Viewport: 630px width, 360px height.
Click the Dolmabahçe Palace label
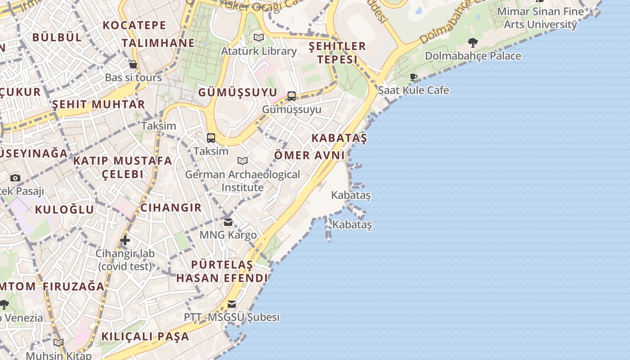pyautogui.click(x=473, y=56)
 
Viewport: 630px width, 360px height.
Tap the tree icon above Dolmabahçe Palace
pyautogui.click(x=472, y=43)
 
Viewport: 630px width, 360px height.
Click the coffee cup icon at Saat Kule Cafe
pyautogui.click(x=414, y=77)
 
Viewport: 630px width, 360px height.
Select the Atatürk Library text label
pyautogui.click(x=258, y=51)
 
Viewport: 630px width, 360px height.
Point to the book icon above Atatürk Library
pyautogui.click(x=258, y=38)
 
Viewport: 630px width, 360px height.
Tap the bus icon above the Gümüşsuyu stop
pyautogui.click(x=292, y=96)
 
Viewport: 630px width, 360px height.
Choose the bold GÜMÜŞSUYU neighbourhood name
pyautogui.click(x=238, y=92)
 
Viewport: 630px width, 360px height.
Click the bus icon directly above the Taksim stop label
pyautogui.click(x=211, y=138)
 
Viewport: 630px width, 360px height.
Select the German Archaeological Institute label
pyautogui.click(x=243, y=180)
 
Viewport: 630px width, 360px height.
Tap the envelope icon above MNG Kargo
pyautogui.click(x=228, y=222)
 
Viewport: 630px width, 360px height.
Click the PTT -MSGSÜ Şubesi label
pyautogui.click(x=232, y=317)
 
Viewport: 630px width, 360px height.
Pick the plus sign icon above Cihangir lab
pyautogui.click(x=125, y=240)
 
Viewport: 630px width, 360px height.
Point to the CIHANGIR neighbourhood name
pyautogui.click(x=171, y=207)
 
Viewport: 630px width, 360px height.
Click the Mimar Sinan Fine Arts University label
pyautogui.click(x=540, y=18)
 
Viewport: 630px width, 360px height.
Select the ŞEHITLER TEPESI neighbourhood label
pyautogui.click(x=337, y=53)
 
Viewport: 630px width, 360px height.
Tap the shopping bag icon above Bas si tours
pyautogui.click(x=133, y=64)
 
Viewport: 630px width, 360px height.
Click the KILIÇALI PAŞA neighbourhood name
pyautogui.click(x=145, y=336)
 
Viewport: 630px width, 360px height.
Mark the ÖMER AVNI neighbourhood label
pyautogui.click(x=310, y=155)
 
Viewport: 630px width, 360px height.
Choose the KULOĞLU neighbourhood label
pyautogui.click(x=64, y=209)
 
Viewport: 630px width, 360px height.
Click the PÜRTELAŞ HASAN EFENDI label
pyautogui.click(x=222, y=271)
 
